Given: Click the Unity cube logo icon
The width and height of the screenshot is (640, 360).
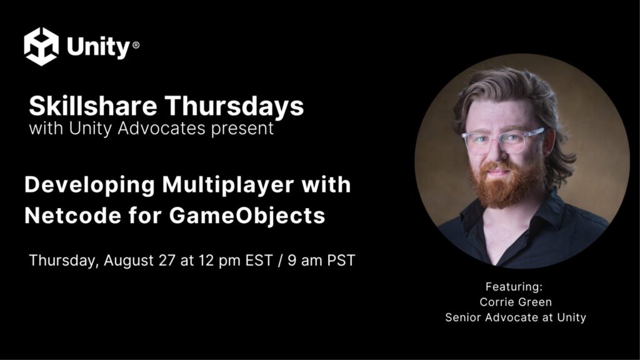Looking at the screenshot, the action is coord(41,46).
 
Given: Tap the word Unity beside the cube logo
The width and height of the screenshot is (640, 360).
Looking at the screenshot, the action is coord(98,47).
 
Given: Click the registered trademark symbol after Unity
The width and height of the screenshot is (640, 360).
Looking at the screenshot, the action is coord(136,45).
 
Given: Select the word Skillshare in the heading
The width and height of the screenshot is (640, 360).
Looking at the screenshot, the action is coord(92,106).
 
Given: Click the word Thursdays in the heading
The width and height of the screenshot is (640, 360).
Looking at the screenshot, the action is coord(234,106).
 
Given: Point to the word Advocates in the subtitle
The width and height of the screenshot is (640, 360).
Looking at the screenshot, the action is coord(161,128).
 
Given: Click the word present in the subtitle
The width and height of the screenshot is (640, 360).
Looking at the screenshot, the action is coord(242,129).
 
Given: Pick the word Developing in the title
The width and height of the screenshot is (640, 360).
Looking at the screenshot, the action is coord(89,186).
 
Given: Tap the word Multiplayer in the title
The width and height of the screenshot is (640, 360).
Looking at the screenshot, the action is coord(227,186).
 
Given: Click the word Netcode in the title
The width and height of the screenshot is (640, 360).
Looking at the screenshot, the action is coord(72,215).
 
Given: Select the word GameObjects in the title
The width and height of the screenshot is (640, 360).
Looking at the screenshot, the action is coord(247,216).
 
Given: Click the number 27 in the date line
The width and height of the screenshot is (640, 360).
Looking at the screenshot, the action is coord(167,261).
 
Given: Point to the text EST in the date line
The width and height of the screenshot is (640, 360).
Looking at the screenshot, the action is coord(259,261).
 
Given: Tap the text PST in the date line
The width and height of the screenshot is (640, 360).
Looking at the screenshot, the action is coord(341,261).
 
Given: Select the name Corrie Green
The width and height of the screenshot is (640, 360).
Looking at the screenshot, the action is coord(516,302).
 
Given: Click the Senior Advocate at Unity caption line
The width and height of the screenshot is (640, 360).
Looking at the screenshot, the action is coord(516,317).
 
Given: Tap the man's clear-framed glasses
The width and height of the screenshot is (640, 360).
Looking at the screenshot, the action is coord(502,141).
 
